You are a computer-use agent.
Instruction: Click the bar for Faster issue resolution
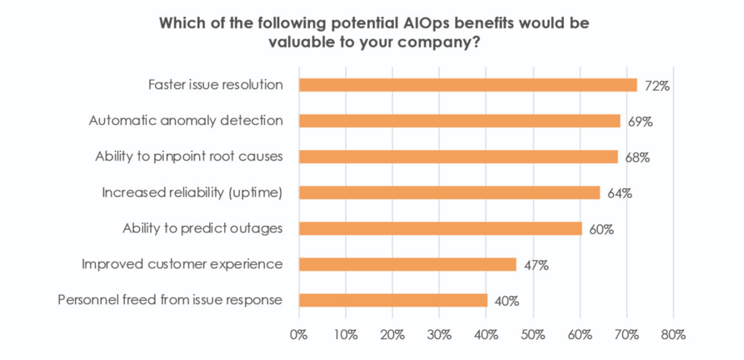tap(468, 85)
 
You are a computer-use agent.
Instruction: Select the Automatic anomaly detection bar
tap(460, 121)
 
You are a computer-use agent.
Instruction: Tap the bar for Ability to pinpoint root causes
tap(458, 157)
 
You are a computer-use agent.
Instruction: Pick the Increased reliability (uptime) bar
tap(449, 192)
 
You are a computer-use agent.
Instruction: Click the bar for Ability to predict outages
tap(441, 228)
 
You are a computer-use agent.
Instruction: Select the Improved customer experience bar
tap(408, 264)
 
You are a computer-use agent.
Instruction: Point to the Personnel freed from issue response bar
tap(393, 300)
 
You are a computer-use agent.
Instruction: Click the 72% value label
tap(656, 86)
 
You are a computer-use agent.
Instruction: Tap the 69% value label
tap(639, 122)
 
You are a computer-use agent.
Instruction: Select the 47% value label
tap(535, 265)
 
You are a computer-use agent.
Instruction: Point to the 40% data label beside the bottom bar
tap(506, 301)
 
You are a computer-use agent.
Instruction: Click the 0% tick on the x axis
tap(299, 334)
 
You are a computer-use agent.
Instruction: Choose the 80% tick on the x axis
tap(672, 334)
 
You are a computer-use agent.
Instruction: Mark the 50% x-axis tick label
tap(532, 334)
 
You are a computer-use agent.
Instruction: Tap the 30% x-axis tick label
tap(439, 334)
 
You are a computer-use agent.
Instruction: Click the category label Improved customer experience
tap(182, 264)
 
